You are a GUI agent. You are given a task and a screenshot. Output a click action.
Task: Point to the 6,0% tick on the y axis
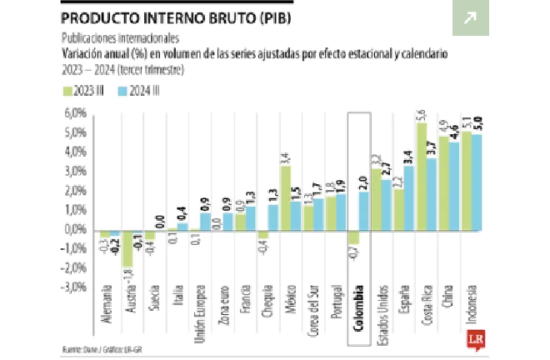(76, 112)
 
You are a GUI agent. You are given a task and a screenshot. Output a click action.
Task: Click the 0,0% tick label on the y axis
(76, 228)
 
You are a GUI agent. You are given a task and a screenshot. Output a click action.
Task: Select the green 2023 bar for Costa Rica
(421, 175)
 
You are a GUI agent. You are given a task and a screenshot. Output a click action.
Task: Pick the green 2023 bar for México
(284, 197)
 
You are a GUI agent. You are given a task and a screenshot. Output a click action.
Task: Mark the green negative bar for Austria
(127, 247)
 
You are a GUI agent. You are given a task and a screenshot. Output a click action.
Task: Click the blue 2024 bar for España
(409, 197)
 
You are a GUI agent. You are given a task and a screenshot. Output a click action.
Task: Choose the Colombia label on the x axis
(359, 298)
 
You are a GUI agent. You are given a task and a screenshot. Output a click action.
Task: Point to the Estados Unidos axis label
(382, 307)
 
